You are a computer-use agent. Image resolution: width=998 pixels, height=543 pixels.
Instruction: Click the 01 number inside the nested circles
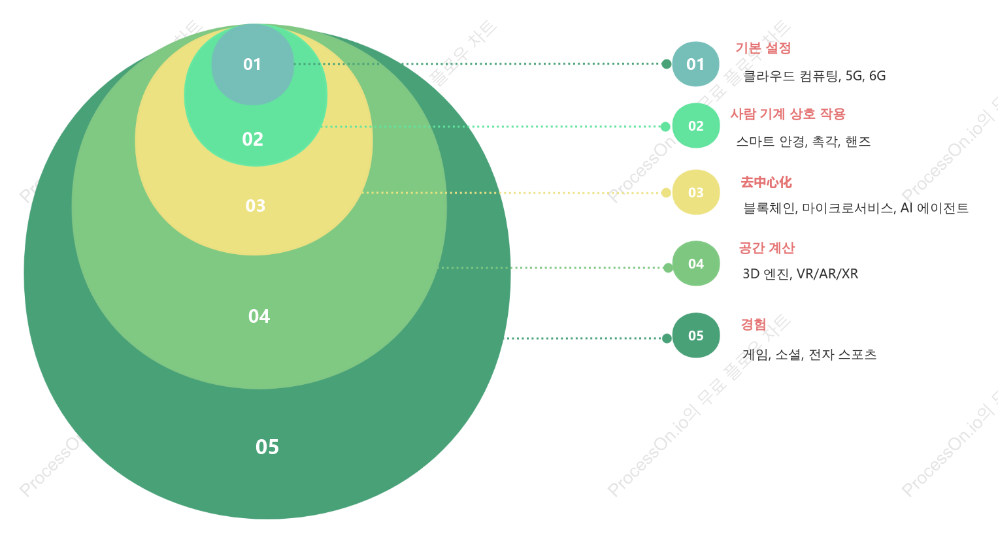click(252, 65)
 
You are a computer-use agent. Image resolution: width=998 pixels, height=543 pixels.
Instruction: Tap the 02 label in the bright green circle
click(253, 139)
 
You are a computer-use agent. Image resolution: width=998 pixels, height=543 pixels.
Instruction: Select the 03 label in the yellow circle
click(256, 206)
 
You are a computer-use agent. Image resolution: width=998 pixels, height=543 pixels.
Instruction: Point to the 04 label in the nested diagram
click(259, 316)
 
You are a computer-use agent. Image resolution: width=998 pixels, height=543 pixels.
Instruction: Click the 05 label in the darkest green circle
click(267, 447)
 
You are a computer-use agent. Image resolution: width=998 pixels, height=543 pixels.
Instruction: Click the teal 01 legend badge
click(695, 64)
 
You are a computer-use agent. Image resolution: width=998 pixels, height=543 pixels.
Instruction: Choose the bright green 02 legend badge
click(695, 125)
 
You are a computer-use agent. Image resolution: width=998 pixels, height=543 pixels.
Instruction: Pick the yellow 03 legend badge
click(695, 192)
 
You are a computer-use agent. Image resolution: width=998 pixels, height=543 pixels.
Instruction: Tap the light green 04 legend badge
click(695, 264)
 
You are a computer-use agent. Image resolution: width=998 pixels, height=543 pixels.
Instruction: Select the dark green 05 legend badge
click(695, 335)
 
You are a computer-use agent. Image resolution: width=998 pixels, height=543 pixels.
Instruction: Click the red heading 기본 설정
click(763, 48)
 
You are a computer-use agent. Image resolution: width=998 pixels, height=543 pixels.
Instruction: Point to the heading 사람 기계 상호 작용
click(788, 114)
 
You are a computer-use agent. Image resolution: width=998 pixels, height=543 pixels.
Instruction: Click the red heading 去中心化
click(767, 182)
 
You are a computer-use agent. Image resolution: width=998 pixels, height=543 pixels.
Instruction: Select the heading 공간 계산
click(767, 248)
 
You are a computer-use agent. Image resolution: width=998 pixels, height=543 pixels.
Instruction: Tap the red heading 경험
click(754, 324)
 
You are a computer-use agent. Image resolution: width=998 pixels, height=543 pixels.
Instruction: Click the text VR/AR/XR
click(827, 274)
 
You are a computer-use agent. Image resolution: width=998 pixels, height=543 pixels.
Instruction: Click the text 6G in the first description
click(877, 76)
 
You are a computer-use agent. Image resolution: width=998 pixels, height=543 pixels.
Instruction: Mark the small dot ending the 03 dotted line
click(666, 193)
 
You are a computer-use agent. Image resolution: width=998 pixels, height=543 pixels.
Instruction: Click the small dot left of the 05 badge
click(667, 338)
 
